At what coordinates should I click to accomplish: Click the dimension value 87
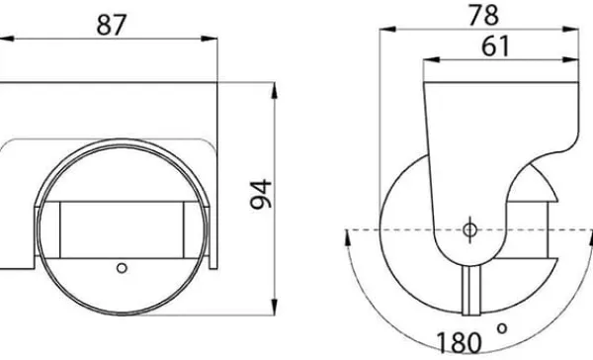111,25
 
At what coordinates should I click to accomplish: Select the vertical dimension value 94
261,195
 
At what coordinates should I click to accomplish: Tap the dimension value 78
483,15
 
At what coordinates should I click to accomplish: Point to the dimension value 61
495,46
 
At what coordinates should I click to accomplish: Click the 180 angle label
460,342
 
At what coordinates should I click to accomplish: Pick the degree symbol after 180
502,328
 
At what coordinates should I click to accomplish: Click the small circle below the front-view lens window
122,268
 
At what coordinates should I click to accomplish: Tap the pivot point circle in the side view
469,229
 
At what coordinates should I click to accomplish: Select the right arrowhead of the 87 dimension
210,39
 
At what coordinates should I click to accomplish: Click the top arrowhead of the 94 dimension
274,90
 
